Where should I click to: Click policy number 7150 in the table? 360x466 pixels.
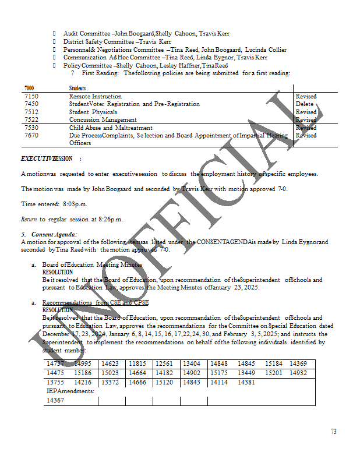[x=31, y=97]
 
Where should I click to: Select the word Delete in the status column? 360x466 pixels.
[x=305, y=104]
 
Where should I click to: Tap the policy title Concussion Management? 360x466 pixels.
[x=103, y=120]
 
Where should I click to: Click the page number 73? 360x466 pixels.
[x=333, y=432]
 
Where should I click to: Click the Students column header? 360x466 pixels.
[x=77, y=88]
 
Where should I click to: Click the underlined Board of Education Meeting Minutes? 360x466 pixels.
[x=92, y=264]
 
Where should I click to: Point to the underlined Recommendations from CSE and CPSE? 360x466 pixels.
[x=96, y=303]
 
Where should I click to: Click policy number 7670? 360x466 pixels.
[x=31, y=136]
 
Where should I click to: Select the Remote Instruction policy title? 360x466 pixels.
[x=96, y=97]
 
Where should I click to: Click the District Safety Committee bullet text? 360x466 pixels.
[x=117, y=42]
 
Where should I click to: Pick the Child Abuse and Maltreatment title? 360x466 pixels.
[x=111, y=128]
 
